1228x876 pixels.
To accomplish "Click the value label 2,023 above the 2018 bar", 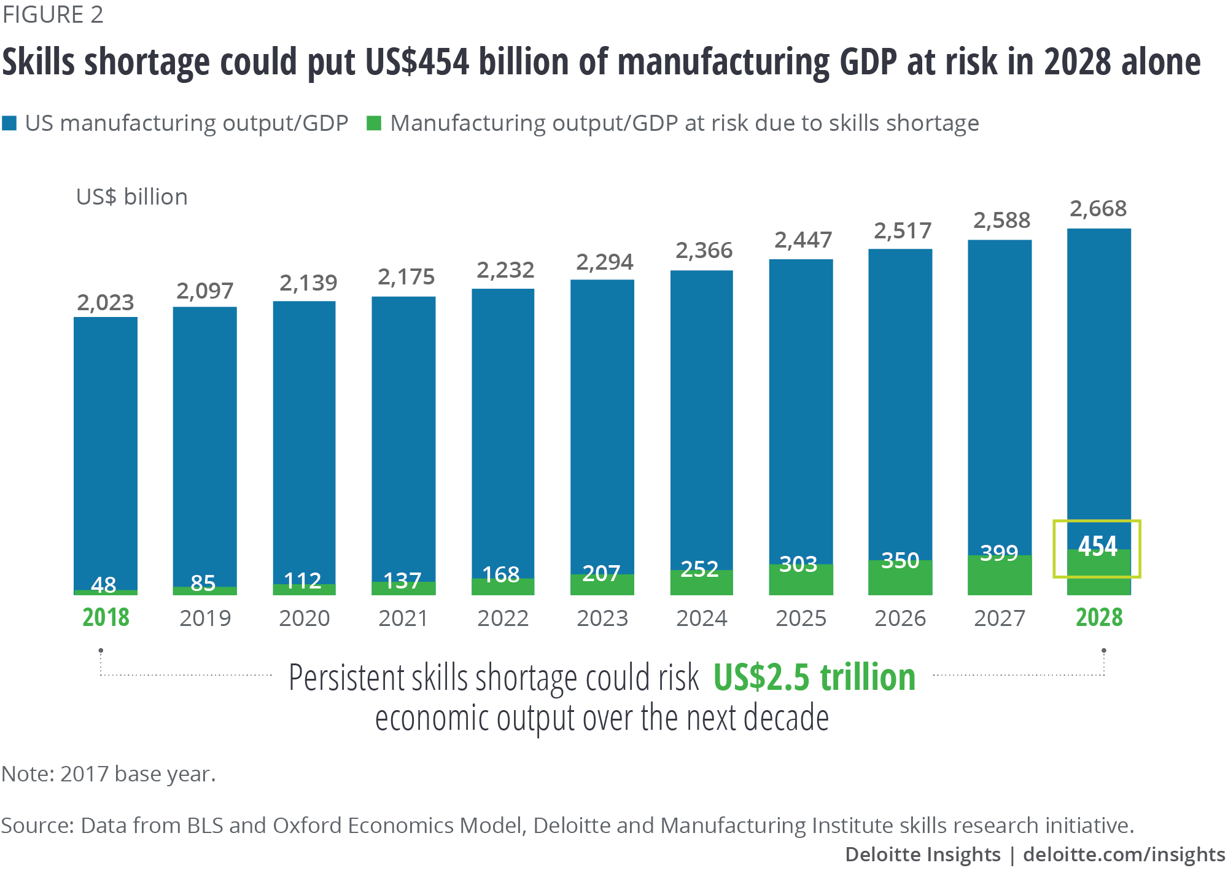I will (105, 302).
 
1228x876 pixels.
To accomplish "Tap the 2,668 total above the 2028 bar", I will (1098, 209).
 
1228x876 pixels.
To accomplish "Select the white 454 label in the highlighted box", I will (1097, 546).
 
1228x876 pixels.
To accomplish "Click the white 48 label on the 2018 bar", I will (103, 584).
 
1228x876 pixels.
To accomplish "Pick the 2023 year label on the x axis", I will (602, 618).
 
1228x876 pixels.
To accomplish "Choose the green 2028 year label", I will (1098, 617).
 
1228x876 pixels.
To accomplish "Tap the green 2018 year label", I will (106, 617).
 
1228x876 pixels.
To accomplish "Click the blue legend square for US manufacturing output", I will (9, 123).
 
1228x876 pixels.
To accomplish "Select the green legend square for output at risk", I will (373, 123).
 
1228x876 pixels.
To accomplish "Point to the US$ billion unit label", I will (131, 197).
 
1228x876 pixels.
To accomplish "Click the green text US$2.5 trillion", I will (814, 677).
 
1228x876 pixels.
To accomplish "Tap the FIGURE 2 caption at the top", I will (53, 15).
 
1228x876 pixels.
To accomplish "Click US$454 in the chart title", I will (417, 62).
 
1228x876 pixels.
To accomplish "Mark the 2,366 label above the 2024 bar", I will (704, 251).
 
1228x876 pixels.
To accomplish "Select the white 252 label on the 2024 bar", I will (699, 569).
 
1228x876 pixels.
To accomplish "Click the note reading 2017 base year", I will (109, 774).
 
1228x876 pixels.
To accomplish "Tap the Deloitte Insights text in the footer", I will (922, 854).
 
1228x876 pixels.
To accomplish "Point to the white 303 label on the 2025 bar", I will (798, 563).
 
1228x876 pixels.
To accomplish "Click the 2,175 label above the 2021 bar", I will (406, 277).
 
